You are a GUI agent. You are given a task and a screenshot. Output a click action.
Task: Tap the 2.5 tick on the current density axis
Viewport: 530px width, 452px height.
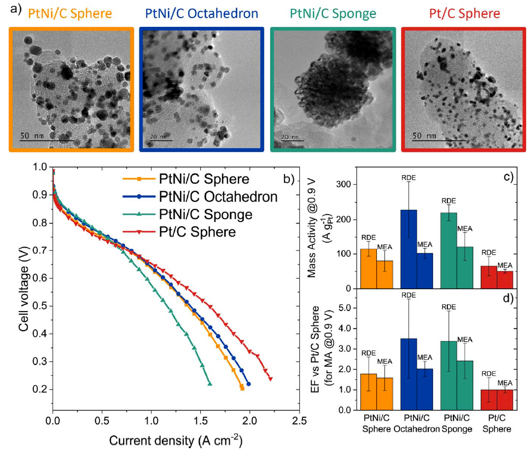point(299,421)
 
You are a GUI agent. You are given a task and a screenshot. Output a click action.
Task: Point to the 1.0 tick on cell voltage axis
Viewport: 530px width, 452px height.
point(39,167)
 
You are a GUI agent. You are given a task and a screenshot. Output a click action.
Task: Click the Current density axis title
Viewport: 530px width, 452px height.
point(175,441)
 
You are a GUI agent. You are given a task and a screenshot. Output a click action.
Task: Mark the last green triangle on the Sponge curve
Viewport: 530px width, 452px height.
point(209,384)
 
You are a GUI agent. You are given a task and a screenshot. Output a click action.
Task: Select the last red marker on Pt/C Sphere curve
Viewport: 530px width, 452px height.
point(270,379)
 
